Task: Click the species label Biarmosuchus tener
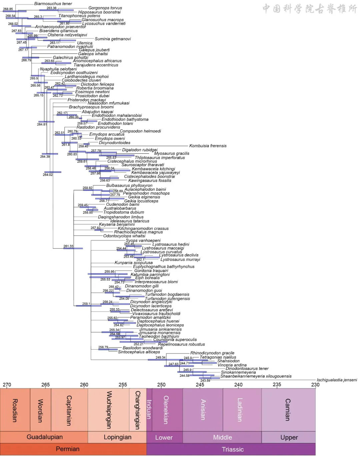[53, 4]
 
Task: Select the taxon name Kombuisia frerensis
[208, 146]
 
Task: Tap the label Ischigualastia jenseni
[337, 380]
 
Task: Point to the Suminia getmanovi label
[113, 39]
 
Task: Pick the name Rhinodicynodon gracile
[212, 353]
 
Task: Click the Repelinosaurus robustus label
[181, 344]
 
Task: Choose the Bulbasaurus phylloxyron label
[129, 185]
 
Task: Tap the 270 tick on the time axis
[7, 385]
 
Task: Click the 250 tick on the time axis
[161, 385]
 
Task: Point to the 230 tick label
[315, 385]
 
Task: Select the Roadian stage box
[15, 410]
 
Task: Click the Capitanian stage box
[69, 410]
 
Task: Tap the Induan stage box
[149, 410]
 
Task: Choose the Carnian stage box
[288, 410]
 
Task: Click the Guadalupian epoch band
[44, 437]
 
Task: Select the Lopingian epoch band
[117, 437]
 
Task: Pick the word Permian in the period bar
[68, 449]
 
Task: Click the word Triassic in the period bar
[233, 449]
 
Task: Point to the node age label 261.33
[68, 246]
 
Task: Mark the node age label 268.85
[8, 9]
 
